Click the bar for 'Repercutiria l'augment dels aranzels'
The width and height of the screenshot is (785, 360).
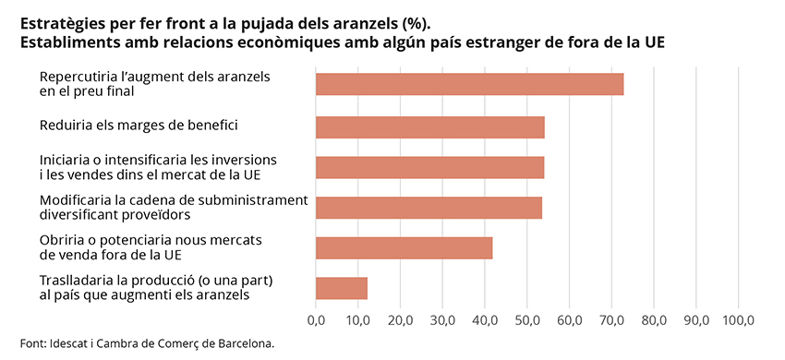pos(469,84)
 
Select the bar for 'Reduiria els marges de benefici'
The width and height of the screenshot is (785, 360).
pos(429,126)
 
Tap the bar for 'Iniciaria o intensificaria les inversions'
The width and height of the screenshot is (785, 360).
pos(429,167)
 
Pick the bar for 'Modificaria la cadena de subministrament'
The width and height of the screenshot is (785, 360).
pos(429,208)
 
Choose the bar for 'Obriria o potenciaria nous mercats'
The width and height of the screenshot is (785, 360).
pos(404,247)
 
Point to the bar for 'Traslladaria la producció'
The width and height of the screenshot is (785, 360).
pos(342,288)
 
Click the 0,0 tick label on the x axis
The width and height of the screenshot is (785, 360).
pos(316,320)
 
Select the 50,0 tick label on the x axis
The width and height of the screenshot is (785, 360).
pos(527,320)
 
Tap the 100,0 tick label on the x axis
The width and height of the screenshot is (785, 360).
pos(738,320)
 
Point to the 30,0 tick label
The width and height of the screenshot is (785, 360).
pos(442,320)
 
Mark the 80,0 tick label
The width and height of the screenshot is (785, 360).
pos(654,320)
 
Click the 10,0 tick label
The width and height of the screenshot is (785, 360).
pos(358,320)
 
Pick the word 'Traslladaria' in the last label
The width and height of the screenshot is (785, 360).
pos(77,280)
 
